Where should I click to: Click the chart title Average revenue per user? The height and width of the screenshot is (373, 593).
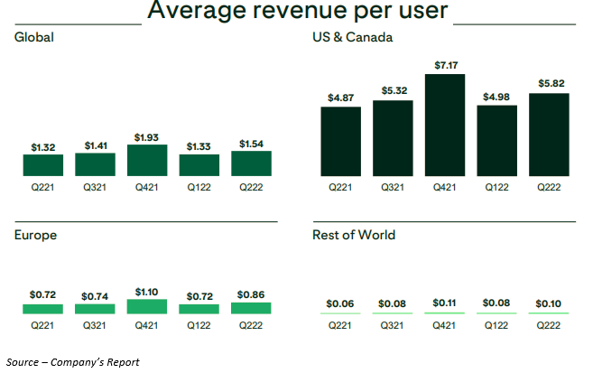click(298, 12)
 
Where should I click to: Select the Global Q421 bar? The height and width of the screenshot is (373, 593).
click(147, 160)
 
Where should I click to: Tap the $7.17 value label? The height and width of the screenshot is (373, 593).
click(445, 66)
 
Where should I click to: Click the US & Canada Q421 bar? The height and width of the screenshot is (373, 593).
click(445, 125)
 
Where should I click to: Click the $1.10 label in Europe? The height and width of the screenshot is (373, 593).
click(147, 293)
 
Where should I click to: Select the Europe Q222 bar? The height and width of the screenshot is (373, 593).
click(251, 308)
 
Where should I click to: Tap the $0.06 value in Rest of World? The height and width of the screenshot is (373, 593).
click(340, 303)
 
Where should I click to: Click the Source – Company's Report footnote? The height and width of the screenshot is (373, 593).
click(72, 362)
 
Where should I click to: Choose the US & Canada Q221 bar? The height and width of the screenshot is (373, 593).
click(341, 141)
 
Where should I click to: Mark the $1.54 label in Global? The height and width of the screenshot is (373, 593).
click(251, 144)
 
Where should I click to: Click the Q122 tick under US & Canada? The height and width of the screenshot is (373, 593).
click(496, 187)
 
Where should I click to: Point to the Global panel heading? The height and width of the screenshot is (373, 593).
click(34, 37)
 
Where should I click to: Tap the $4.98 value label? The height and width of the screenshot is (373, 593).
click(496, 98)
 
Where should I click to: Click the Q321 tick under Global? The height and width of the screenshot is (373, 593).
click(95, 187)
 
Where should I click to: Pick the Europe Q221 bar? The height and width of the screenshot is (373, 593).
click(43, 309)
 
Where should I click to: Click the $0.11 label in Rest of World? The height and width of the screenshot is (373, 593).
click(445, 303)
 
